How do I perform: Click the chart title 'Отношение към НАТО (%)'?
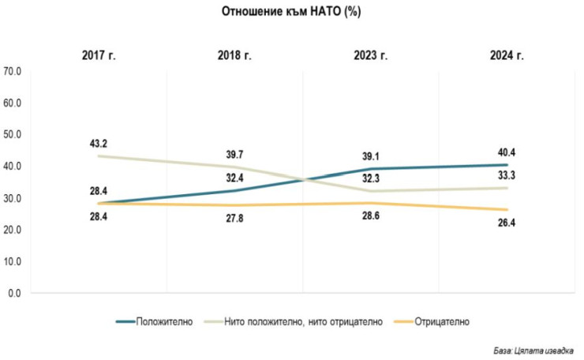click(x=292, y=12)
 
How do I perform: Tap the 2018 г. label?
click(x=234, y=55)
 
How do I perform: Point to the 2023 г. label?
click(x=370, y=55)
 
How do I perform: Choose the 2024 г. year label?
click(x=506, y=55)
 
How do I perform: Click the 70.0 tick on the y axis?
click(x=15, y=71)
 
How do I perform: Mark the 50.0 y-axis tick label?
click(x=15, y=134)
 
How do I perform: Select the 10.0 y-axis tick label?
click(x=15, y=261)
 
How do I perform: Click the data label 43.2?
click(x=99, y=143)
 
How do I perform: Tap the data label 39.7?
click(x=234, y=153)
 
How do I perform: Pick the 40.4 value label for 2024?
click(x=506, y=152)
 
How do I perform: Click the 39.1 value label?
click(x=370, y=156)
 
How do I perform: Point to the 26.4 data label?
click(x=506, y=223)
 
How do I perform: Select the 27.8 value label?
click(x=234, y=219)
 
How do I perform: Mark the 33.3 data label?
click(x=506, y=174)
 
